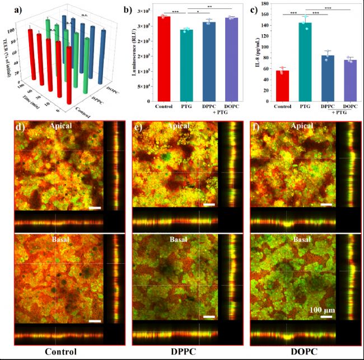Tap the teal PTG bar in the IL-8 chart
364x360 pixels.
pos(306,62)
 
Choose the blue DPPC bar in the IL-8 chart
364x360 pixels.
pos(328,78)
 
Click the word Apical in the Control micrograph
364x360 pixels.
pos(60,127)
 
